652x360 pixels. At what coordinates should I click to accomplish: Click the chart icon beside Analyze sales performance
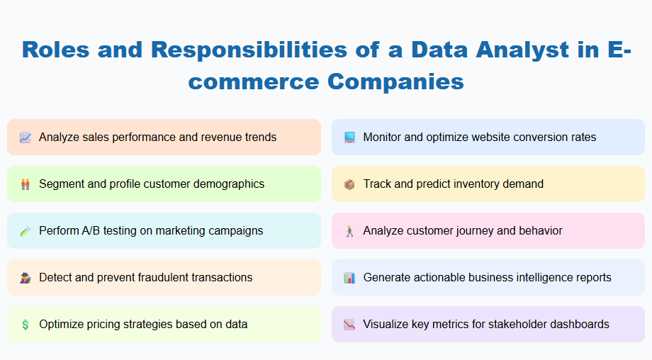pos(26,137)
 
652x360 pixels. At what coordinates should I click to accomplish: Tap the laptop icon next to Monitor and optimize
pos(349,137)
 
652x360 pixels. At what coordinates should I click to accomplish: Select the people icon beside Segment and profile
pos(26,184)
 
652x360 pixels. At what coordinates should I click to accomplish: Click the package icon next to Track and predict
pos(349,184)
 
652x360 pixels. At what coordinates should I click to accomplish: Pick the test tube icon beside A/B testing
pos(26,231)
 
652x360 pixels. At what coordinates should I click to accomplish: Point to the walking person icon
pos(349,231)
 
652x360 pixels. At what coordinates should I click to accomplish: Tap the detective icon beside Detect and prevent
pos(26,278)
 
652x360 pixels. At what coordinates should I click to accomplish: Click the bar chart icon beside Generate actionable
pos(349,278)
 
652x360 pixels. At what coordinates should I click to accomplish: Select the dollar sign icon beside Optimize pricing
pos(26,325)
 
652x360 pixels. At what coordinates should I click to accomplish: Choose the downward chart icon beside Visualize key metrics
pos(349,325)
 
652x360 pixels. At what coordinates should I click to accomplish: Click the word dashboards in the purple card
pos(577,325)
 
